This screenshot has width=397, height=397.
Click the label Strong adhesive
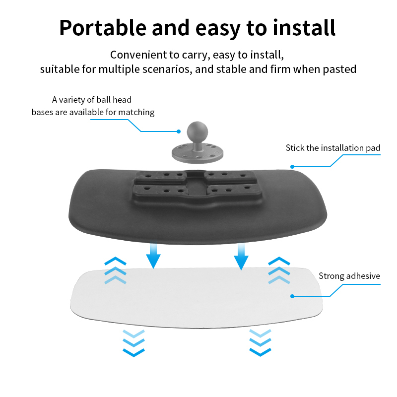pyautogui.click(x=349, y=276)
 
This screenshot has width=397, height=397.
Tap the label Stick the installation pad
pyautogui.click(x=333, y=148)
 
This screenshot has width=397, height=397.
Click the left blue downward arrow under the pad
pyautogui.click(x=153, y=255)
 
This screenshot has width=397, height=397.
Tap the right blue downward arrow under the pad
pyautogui.click(x=241, y=256)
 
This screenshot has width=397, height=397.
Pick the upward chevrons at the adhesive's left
pyautogui.click(x=115, y=270)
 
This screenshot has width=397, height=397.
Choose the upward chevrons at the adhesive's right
pyautogui.click(x=278, y=270)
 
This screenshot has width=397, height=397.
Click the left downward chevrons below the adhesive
pyautogui.click(x=133, y=342)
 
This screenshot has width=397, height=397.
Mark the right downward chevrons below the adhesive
pyautogui.click(x=261, y=342)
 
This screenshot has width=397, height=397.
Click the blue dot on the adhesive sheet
pyautogui.click(x=293, y=296)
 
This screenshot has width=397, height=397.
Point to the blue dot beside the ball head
pyautogui.click(x=179, y=132)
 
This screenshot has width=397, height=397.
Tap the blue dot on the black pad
pyautogui.click(x=293, y=167)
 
